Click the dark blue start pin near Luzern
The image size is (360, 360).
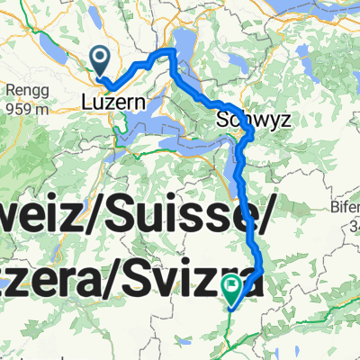(100, 61)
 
